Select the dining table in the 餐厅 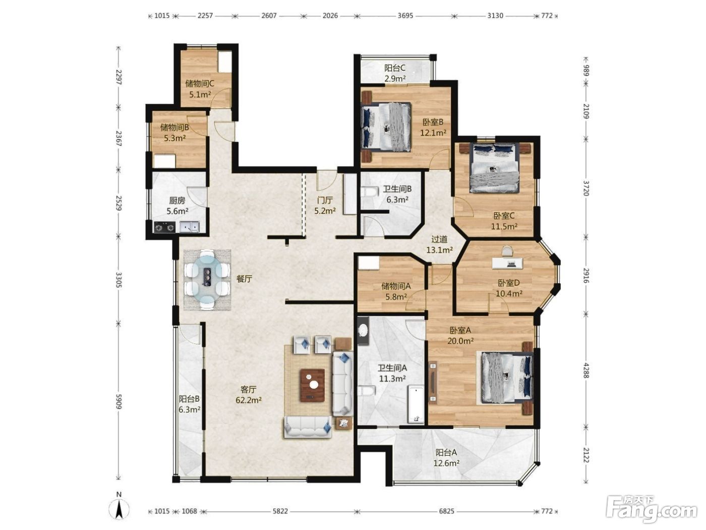pyautogui.click(x=207, y=280)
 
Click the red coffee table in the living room pyautogui.click(x=312, y=385)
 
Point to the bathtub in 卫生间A pyautogui.click(x=416, y=404)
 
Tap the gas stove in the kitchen pyautogui.click(x=165, y=227)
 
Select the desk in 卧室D pyautogui.click(x=507, y=263)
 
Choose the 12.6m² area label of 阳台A pyautogui.click(x=446, y=463)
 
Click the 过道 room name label pyautogui.click(x=439, y=239)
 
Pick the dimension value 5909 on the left pyautogui.click(x=119, y=402)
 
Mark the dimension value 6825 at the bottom pyautogui.click(x=447, y=511)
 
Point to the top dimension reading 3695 pyautogui.click(x=405, y=16)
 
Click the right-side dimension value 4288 pyautogui.click(x=586, y=370)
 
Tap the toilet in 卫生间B pyautogui.click(x=368, y=192)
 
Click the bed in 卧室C pyautogui.click(x=494, y=168)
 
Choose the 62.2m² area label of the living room pyautogui.click(x=248, y=400)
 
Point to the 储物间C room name pyautogui.click(x=199, y=84)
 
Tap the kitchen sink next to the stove pyautogui.click(x=190, y=227)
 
